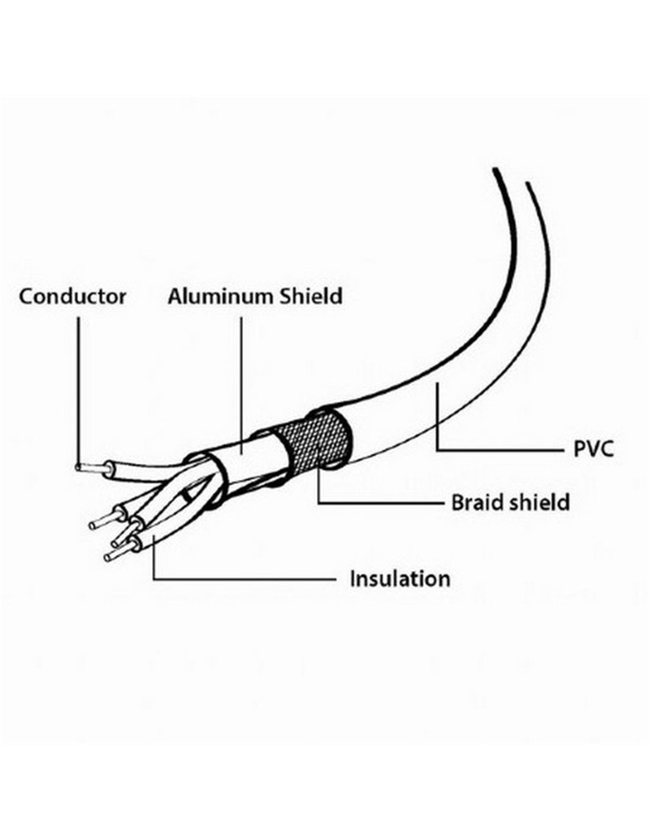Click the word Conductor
73,297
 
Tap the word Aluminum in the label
221,297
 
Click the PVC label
593,449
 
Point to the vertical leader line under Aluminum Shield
242,385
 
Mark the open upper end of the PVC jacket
511,175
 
